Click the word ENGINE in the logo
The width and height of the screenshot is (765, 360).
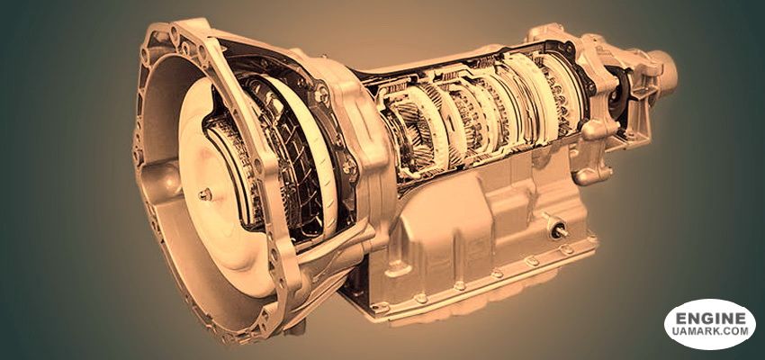tap(711, 319)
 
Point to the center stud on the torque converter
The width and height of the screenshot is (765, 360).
tap(205, 194)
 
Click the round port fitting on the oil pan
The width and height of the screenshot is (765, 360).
tap(557, 228)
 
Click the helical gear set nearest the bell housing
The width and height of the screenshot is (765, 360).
tap(412, 131)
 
